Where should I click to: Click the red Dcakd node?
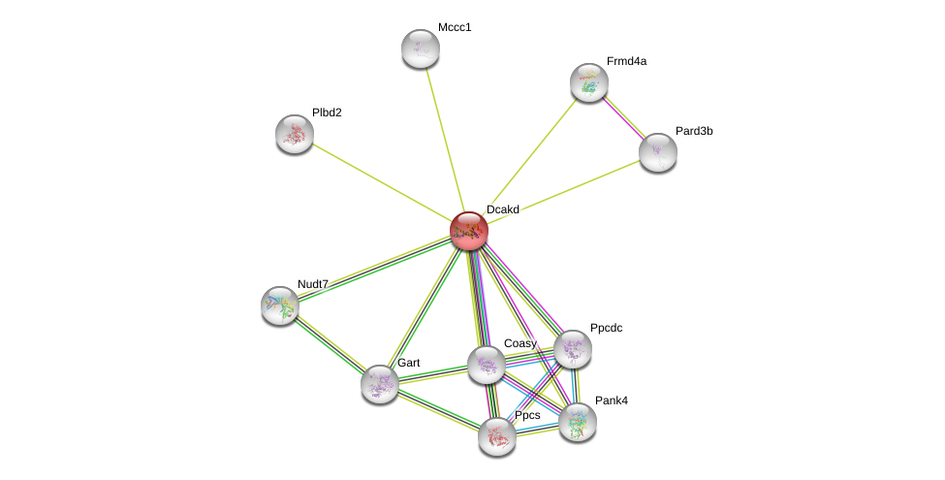(469, 231)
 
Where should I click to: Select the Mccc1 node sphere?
(421, 48)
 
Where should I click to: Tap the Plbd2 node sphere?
(295, 134)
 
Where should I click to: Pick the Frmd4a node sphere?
(589, 82)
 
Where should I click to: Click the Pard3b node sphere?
(658, 151)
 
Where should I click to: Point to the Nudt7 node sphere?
(280, 304)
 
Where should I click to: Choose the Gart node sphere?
(380, 383)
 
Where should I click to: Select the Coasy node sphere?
(487, 365)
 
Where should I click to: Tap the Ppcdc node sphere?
(573, 349)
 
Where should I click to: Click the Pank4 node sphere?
(578, 422)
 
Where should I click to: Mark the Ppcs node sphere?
(497, 436)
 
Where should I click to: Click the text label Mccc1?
(455, 27)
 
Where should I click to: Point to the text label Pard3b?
(694, 131)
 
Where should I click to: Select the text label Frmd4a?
(626, 61)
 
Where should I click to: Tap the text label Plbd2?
(327, 112)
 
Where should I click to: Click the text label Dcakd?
(503, 209)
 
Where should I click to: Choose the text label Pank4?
(612, 400)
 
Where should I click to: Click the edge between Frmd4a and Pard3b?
(623, 116)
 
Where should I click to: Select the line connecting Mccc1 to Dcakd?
(444, 137)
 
